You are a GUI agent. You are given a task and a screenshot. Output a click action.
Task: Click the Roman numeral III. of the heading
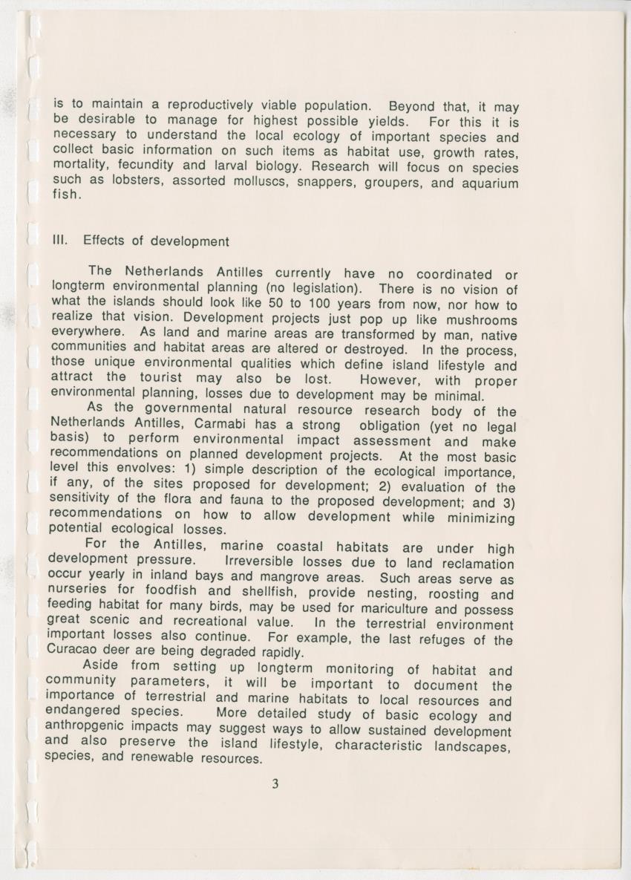pyautogui.click(x=61, y=241)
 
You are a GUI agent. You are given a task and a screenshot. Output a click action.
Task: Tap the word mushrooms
pyautogui.click(x=481, y=321)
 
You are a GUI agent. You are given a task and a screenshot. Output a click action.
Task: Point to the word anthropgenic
pyautogui.click(x=89, y=729)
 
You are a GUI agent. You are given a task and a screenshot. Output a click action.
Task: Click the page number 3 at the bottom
pyautogui.click(x=275, y=783)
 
